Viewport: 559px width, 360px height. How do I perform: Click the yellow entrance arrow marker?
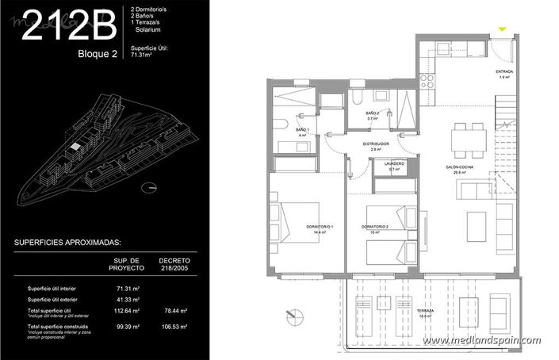tap(501, 30)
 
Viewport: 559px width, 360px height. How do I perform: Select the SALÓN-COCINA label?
tap(459, 168)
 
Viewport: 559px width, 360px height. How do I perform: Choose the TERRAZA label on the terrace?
tap(427, 312)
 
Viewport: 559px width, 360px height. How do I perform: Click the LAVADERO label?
tap(394, 165)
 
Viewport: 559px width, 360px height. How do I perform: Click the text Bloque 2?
tap(98, 55)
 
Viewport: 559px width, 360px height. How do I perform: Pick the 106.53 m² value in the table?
tap(174, 326)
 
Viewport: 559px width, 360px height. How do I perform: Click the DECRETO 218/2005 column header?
tap(174, 263)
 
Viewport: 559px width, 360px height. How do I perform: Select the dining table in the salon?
tap(469, 141)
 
